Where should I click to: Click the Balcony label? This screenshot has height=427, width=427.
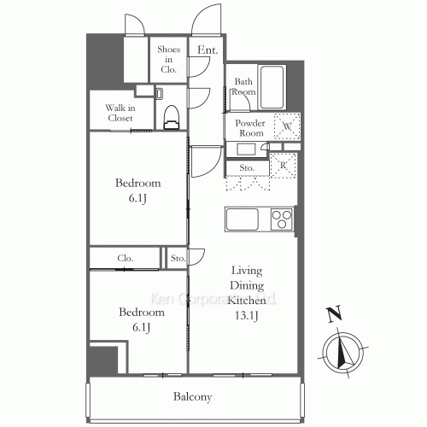[x=192, y=396]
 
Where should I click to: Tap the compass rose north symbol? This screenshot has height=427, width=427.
[x=345, y=351]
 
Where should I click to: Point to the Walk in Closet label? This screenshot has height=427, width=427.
[x=119, y=113]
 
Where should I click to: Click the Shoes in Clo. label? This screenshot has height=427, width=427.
[x=167, y=58]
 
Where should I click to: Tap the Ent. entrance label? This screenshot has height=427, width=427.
[x=207, y=50]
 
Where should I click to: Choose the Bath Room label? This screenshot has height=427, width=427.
[x=245, y=86]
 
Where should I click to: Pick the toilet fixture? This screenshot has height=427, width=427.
[x=170, y=115]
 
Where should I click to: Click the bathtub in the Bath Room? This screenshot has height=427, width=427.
[x=273, y=85]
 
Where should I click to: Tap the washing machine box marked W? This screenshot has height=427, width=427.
[x=287, y=125]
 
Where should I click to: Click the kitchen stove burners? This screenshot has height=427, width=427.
[x=282, y=219]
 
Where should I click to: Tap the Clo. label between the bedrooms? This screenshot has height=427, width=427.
[x=125, y=257]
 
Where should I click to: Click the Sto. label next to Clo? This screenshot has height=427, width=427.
[x=177, y=257]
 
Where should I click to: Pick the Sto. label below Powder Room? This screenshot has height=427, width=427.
[x=247, y=167]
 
